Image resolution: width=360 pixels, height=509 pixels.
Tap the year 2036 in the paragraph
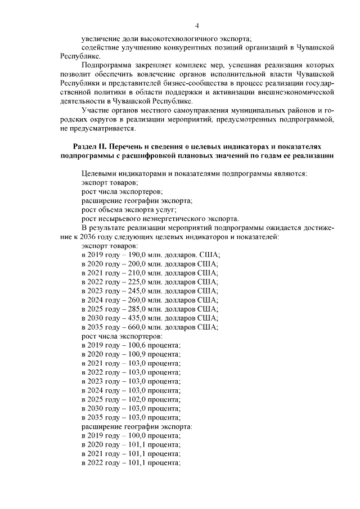[x=85, y=237]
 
